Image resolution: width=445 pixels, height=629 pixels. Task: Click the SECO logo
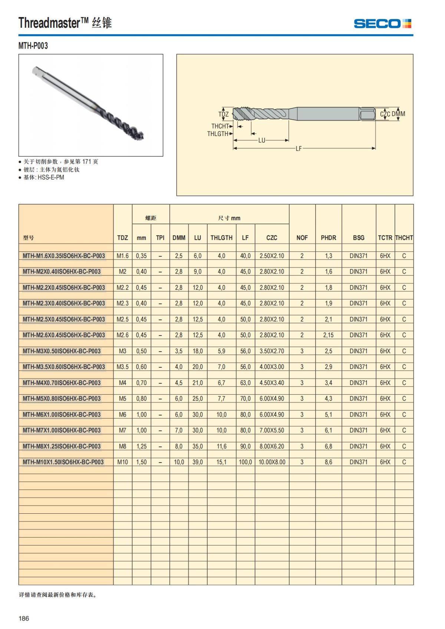(x=382, y=24)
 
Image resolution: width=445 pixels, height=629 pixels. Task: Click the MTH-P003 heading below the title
(x=33, y=46)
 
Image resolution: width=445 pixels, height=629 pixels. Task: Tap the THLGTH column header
(x=221, y=238)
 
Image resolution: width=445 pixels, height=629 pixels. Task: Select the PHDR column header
(x=328, y=238)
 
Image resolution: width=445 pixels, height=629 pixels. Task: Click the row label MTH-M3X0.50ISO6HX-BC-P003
(x=62, y=351)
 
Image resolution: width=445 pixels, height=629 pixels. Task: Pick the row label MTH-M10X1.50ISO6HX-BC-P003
(x=63, y=462)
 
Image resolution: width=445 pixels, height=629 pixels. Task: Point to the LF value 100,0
(x=245, y=462)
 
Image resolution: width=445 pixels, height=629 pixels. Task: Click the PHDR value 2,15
(x=328, y=335)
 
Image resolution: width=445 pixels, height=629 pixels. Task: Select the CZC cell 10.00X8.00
(x=272, y=462)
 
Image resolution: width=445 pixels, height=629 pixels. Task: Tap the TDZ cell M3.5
(x=122, y=367)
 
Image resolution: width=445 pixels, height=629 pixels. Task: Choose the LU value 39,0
(x=197, y=462)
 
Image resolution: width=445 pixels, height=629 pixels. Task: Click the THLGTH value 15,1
(x=221, y=462)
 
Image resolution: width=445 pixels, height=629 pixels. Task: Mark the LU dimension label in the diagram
(x=262, y=140)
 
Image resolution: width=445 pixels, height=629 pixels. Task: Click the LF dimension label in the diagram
(x=299, y=149)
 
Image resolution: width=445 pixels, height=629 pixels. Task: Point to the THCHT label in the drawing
(x=220, y=126)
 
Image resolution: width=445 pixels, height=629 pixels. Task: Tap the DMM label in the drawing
(x=398, y=114)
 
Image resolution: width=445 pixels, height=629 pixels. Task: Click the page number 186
(x=24, y=618)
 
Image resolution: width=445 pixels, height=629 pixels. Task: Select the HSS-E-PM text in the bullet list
(x=51, y=178)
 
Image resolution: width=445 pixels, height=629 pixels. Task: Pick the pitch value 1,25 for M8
(x=141, y=447)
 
